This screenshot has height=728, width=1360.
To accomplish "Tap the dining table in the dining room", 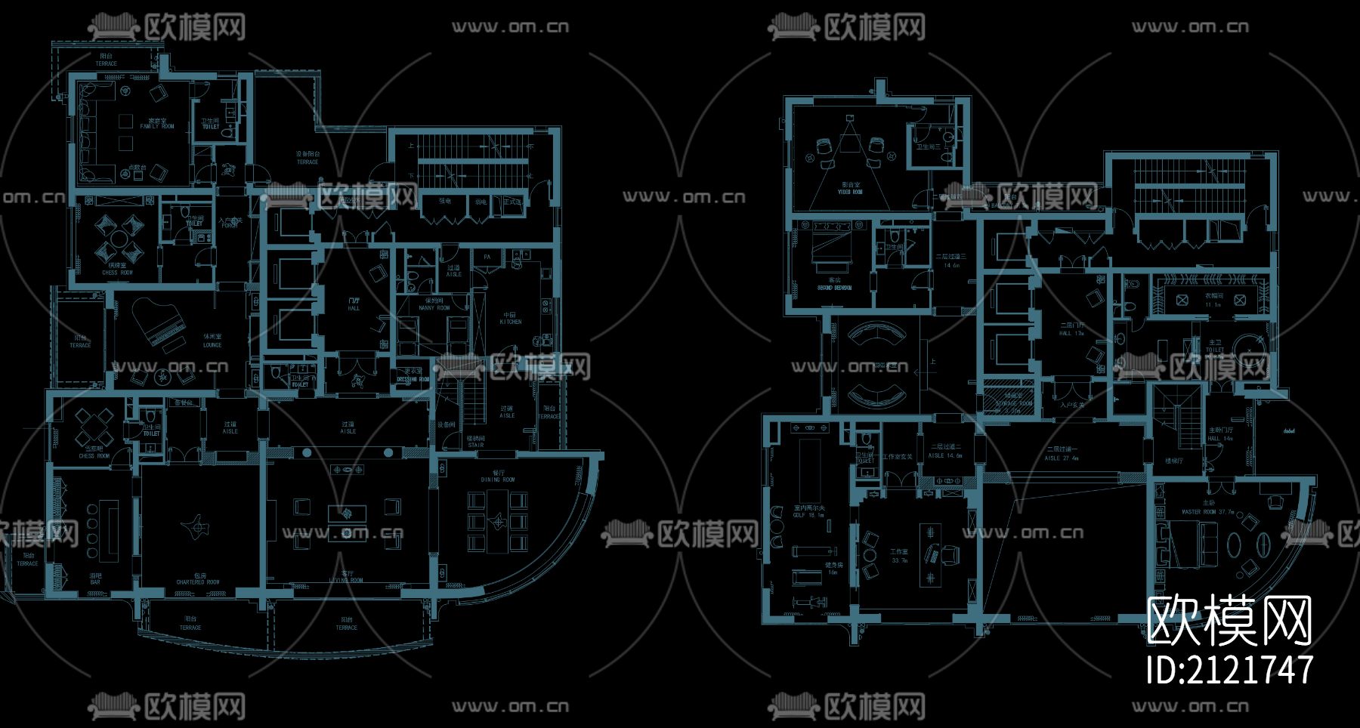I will [x=498, y=520].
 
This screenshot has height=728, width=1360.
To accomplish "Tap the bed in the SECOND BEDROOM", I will [x=828, y=250].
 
